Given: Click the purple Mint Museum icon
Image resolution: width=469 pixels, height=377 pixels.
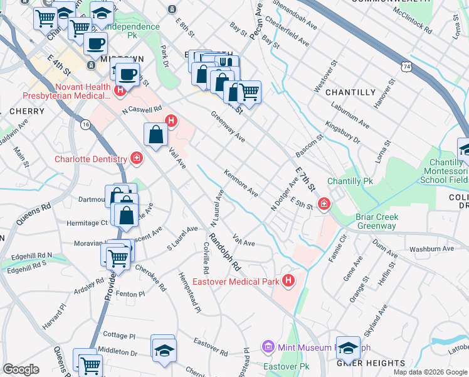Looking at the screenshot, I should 268,347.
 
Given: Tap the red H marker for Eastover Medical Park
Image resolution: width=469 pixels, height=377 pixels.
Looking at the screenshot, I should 288,280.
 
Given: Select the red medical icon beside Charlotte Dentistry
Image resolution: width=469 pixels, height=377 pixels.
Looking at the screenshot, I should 136,158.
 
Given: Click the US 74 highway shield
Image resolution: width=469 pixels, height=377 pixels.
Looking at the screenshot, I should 407,65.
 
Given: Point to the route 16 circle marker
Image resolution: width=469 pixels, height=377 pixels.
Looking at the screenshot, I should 85,125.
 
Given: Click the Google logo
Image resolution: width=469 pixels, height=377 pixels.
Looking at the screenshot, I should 21,369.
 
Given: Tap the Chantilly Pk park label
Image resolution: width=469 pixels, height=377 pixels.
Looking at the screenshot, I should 350,181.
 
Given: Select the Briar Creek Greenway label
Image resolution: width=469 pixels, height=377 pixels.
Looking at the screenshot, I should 377,222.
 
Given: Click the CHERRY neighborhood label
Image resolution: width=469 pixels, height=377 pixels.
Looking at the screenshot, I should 27,111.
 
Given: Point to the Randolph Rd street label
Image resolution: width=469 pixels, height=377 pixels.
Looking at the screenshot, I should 224,252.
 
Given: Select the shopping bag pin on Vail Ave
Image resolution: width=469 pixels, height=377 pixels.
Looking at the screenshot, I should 155,134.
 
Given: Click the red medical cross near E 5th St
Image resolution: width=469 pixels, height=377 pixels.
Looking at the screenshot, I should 324,203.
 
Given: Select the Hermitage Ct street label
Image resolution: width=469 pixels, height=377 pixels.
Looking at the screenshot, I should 87,222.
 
